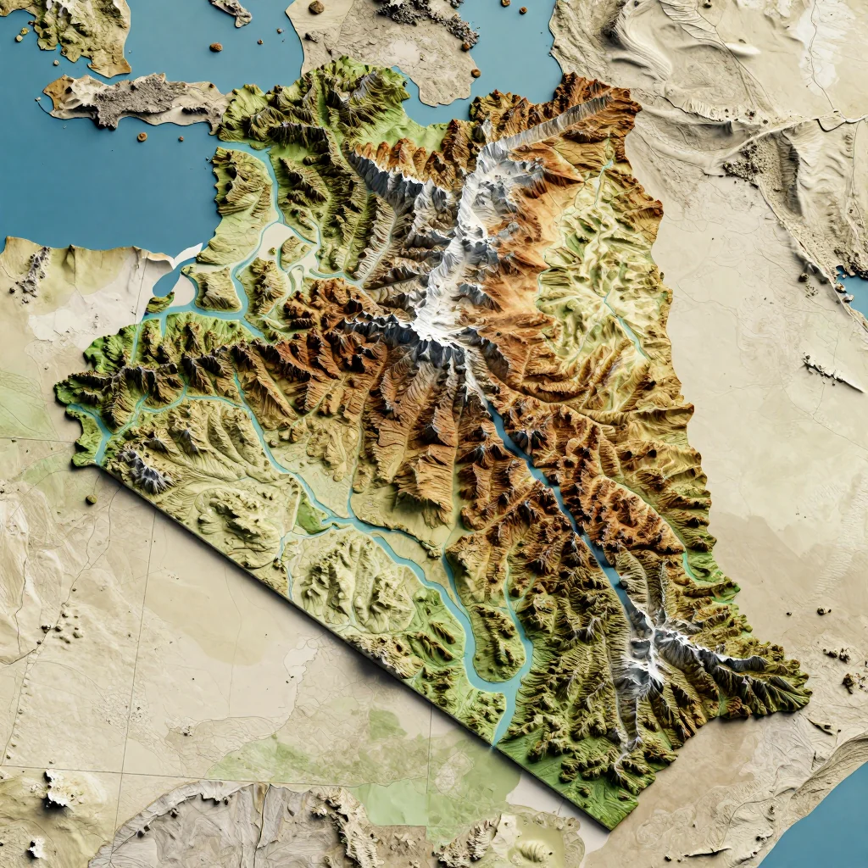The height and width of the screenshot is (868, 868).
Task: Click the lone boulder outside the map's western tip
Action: coord(90,499)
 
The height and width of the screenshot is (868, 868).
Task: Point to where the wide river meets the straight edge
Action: coord(496,737)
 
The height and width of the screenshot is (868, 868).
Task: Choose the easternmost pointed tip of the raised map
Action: coord(805,678)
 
